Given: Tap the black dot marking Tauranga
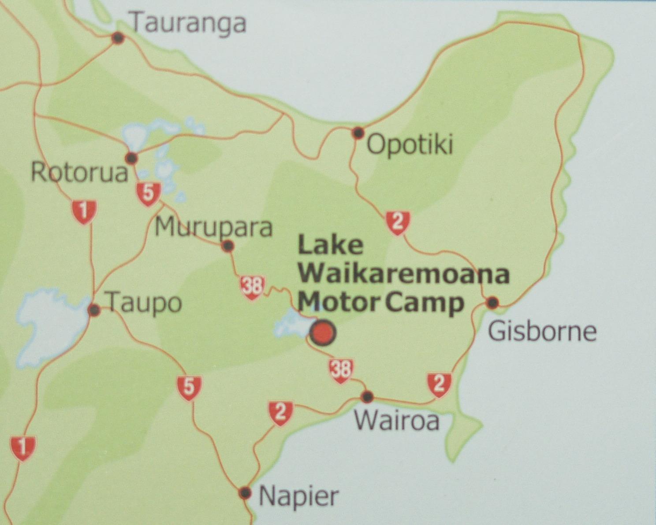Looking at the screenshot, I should tap(118, 38).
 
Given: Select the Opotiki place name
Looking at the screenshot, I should tap(410, 144).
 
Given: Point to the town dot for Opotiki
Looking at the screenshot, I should tap(358, 132).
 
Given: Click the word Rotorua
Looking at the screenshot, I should tap(79, 173).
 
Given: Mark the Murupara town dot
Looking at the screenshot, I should tap(227, 246).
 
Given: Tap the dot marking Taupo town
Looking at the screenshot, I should tap(94, 310).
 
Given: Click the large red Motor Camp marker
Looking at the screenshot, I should tap(323, 333).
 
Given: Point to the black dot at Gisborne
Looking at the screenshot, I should tap(492, 303).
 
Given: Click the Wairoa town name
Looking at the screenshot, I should tap(397, 421).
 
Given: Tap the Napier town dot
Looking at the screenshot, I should tap(245, 492).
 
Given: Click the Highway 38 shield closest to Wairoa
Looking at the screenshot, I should tap(341, 370).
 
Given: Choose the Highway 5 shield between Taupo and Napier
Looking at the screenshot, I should tap(189, 388).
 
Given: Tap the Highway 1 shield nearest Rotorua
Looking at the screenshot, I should tap(84, 211).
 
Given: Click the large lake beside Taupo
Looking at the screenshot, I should tap(48, 326).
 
